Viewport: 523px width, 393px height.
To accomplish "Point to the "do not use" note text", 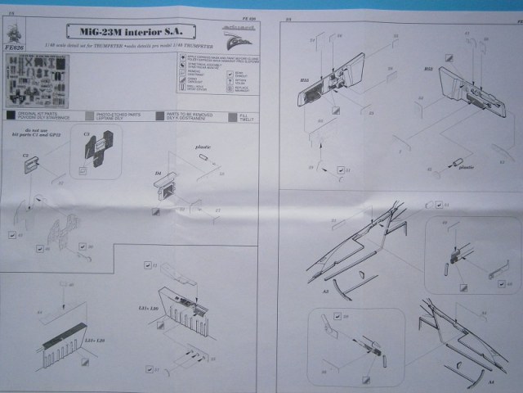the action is click(x=38, y=129).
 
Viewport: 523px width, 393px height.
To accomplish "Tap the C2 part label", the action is click(x=25, y=154).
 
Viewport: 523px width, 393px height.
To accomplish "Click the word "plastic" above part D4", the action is click(x=203, y=147).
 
